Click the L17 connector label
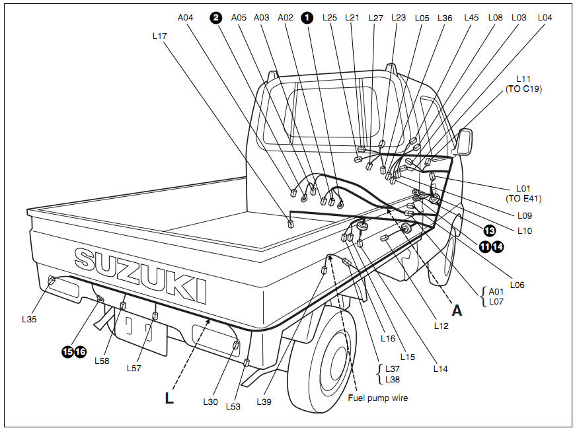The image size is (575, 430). pyautogui.click(x=159, y=37)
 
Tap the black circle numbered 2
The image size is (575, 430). pyautogui.click(x=215, y=18)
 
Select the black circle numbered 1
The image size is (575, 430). pyautogui.click(x=307, y=18)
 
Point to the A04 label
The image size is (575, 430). pyautogui.click(x=186, y=18)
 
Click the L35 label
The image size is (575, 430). pyautogui.click(x=30, y=318)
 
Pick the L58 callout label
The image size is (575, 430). pyautogui.click(x=102, y=361)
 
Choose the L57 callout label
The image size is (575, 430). pyautogui.click(x=135, y=367)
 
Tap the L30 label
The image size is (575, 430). pyautogui.click(x=210, y=402)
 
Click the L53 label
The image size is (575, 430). pyautogui.click(x=233, y=407)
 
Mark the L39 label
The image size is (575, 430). pyautogui.click(x=264, y=402)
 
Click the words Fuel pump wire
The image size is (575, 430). pyautogui.click(x=377, y=398)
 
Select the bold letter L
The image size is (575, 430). pyautogui.click(x=169, y=398)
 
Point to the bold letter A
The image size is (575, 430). pyautogui.click(x=457, y=311)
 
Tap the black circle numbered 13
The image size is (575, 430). pyautogui.click(x=489, y=231)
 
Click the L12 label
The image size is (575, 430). pyautogui.click(x=441, y=326)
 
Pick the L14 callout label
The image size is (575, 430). pyautogui.click(x=440, y=369)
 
